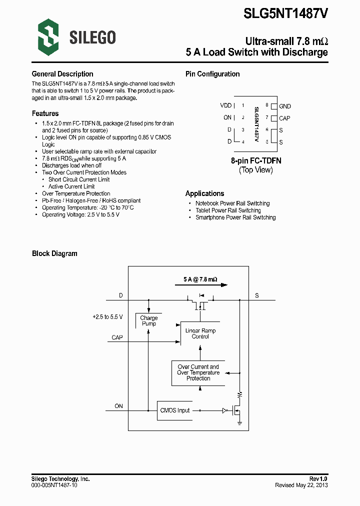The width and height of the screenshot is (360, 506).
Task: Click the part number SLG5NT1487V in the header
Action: (285, 14)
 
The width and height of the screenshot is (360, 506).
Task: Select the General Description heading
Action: (62, 74)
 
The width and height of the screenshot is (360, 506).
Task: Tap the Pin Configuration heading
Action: (212, 74)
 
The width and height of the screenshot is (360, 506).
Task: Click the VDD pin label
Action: (226, 105)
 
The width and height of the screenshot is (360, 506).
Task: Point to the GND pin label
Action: (284, 106)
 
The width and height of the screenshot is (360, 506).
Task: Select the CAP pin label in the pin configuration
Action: (284, 118)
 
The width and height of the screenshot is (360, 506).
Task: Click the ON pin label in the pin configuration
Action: (227, 117)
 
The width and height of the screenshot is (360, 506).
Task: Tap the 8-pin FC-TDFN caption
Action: (256, 161)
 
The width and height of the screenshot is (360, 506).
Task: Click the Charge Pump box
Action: (149, 320)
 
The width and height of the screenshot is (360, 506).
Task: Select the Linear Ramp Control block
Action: (200, 333)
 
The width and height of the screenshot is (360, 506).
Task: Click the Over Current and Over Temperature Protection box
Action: (198, 372)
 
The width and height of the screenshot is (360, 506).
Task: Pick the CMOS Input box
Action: (175, 410)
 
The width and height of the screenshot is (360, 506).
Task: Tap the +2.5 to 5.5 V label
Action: (107, 317)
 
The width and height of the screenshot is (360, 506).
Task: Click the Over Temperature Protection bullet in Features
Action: (76, 193)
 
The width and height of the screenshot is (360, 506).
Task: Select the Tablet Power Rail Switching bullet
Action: (228, 210)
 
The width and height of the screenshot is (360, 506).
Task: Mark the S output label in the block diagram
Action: (257, 295)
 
